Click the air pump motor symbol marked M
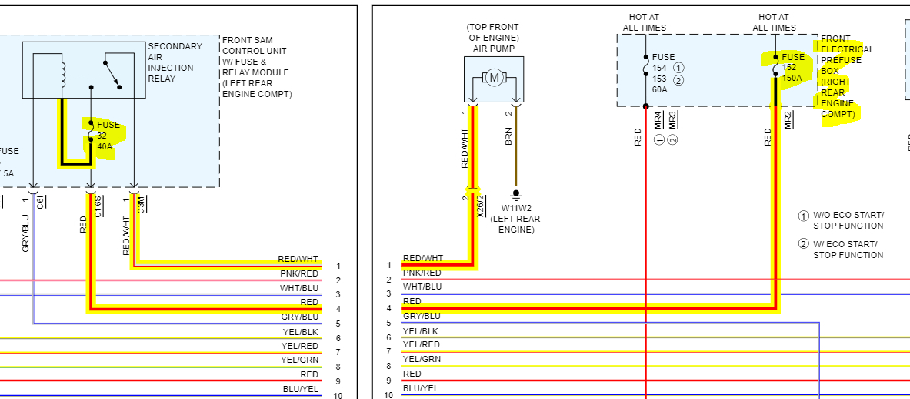click(493, 77)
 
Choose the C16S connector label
click(98, 207)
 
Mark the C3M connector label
click(141, 205)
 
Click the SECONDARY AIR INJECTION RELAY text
click(175, 62)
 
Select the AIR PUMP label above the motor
click(493, 49)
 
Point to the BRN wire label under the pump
click(508, 136)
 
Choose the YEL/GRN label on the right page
click(422, 359)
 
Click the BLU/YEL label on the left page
click(300, 389)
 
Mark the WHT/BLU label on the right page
click(422, 287)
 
